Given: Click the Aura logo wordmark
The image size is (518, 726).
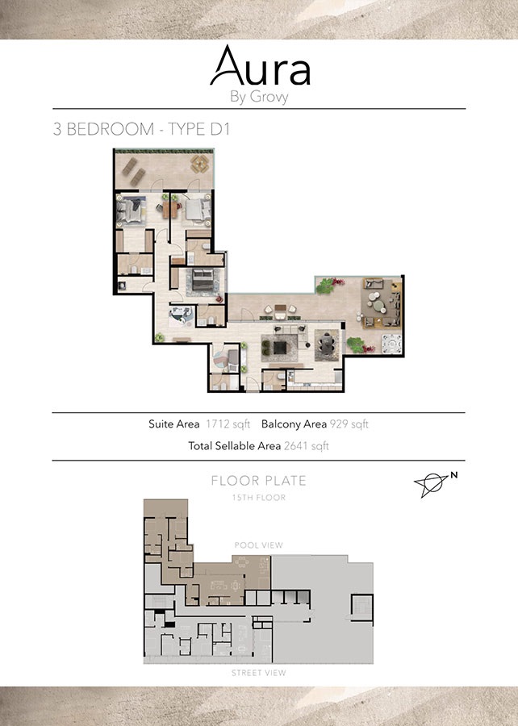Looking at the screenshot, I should click(259, 67).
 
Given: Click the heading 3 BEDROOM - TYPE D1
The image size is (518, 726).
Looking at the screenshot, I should click(142, 130).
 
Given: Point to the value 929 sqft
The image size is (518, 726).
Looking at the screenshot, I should click(349, 424).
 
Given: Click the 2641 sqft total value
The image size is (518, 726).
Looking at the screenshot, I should click(306, 445).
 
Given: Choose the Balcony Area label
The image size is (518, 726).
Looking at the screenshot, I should click(294, 424).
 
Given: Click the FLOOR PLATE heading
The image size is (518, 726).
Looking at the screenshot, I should click(258, 481).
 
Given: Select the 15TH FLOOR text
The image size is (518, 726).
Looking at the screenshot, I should click(258, 498).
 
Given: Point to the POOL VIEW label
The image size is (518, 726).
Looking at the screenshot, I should click(258, 545).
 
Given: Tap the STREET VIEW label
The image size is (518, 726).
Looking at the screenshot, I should click(258, 673).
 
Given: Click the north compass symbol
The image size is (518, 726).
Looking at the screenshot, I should click(432, 482).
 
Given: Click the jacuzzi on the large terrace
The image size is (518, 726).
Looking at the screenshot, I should click(391, 344).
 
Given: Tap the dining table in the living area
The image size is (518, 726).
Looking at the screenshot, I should click(326, 346).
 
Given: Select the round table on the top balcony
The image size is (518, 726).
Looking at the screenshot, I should click(197, 164).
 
